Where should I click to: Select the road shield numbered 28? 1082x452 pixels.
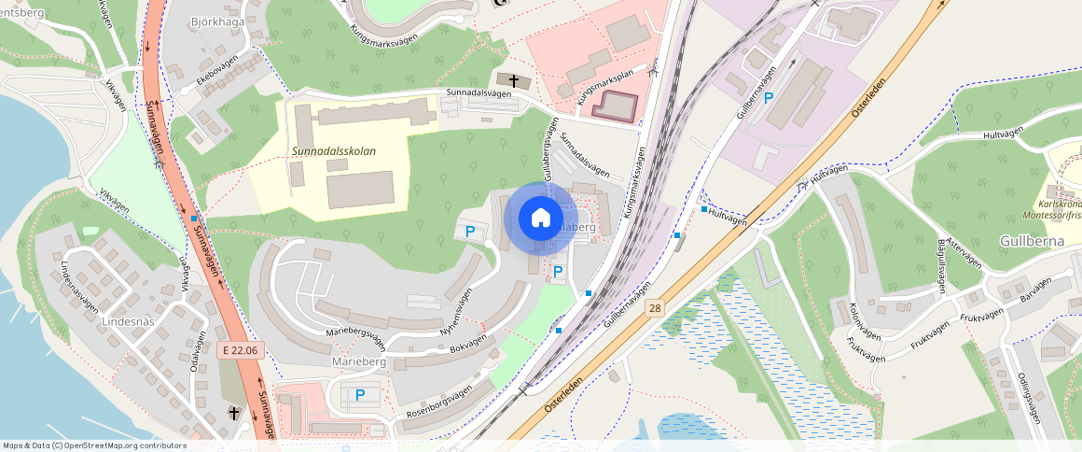click(x=656, y=307)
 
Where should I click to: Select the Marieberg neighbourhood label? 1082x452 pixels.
click(x=358, y=360)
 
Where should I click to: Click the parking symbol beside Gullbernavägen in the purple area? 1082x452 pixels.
click(x=769, y=97)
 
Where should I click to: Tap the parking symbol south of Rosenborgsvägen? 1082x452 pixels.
click(x=359, y=395)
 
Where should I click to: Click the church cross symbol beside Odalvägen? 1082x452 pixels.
click(x=235, y=412)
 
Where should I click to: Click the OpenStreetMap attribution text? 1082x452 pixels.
click(x=93, y=445)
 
